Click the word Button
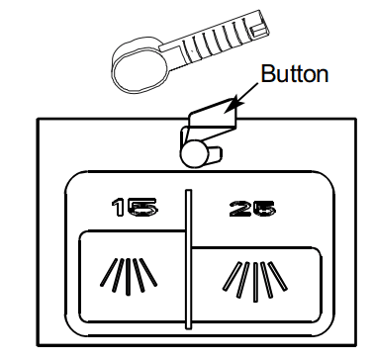tap(295, 74)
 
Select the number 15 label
tap(135, 208)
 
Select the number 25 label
tap(252, 209)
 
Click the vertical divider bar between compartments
tap(188, 259)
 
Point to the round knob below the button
tap(194, 154)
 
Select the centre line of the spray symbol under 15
tap(128, 277)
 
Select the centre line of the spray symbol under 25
tap(255, 282)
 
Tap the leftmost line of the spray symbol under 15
tap(109, 272)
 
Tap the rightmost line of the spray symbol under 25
tap(278, 276)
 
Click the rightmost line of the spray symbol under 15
tap(147, 272)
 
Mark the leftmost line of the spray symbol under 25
tap(232, 276)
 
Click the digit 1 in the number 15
tap(119, 208)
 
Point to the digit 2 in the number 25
tap(240, 209)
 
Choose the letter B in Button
tap(268, 74)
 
